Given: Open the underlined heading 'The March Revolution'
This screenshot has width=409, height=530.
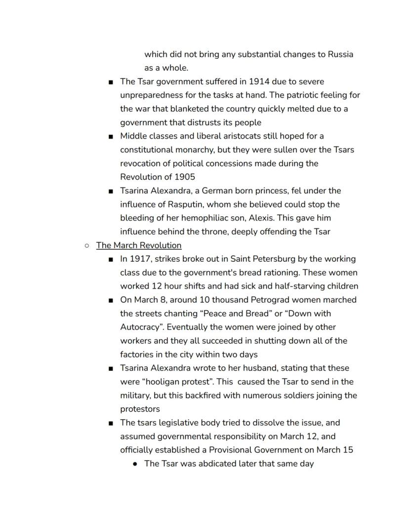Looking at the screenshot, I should pos(139,245).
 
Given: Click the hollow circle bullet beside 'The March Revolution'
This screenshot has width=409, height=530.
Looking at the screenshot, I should pos(87,245).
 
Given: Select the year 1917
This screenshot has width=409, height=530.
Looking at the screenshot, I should pos(140,259).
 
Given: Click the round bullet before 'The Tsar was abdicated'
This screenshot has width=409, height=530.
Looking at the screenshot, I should pos(135,464).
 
